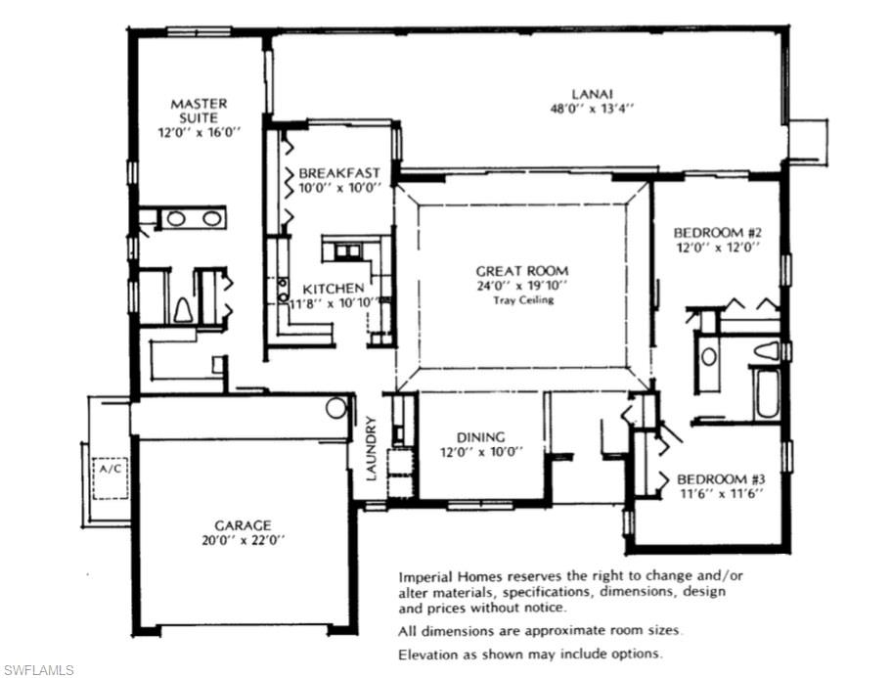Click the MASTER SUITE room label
(199, 111)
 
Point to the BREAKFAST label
(339, 172)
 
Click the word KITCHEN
(334, 289)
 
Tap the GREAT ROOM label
(521, 271)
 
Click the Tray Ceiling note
(522, 299)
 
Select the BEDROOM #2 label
(717, 233)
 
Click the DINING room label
(480, 436)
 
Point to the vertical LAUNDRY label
(372, 449)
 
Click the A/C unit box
(110, 469)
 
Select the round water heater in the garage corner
(336, 408)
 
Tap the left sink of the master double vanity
(176, 218)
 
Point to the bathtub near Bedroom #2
(763, 393)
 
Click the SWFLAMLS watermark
(38, 669)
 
